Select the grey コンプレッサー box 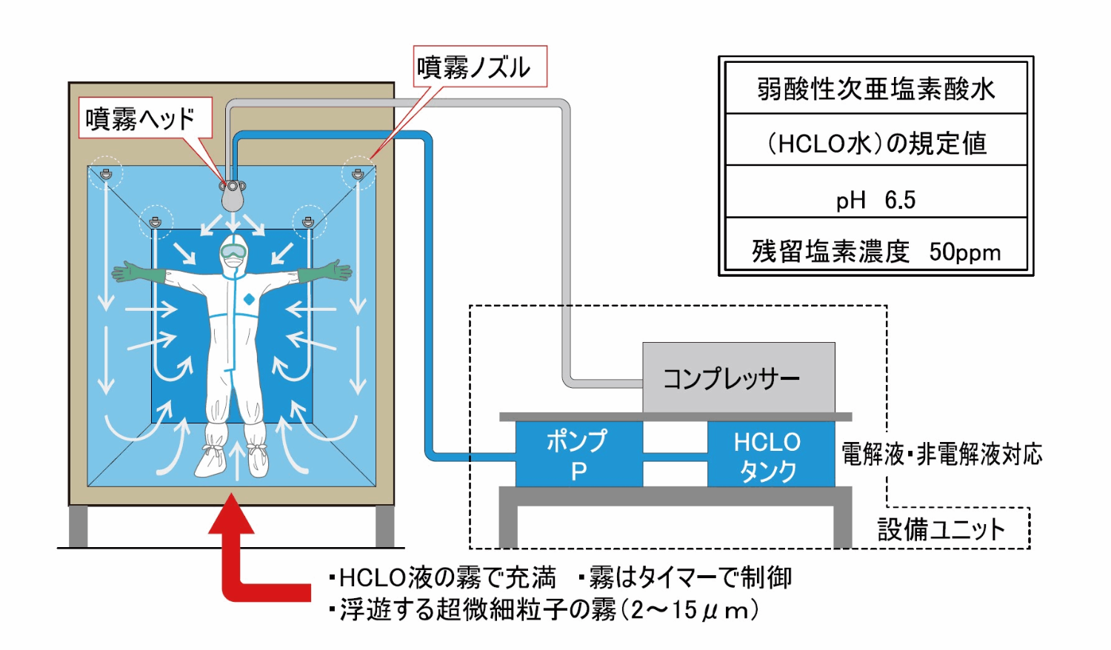(738, 378)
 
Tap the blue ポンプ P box (578, 454)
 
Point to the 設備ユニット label (941, 529)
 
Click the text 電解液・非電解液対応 (941, 454)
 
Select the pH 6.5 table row (875, 199)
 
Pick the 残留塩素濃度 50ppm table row (875, 251)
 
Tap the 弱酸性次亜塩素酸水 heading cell (875, 89)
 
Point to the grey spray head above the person (233, 194)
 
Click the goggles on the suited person (233, 252)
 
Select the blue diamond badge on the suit (249, 299)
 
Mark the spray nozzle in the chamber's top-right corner (358, 175)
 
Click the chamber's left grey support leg (79, 526)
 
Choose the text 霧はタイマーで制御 (689, 577)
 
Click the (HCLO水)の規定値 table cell (875, 142)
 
